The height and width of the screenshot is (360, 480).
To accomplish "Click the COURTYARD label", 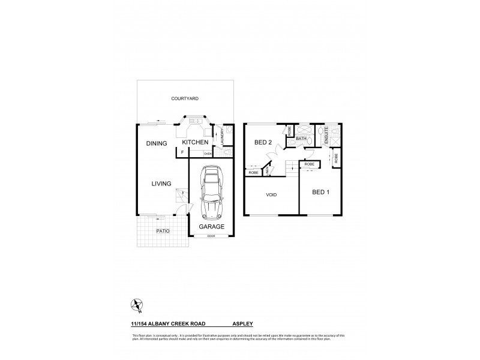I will pyautogui.click(x=184, y=98).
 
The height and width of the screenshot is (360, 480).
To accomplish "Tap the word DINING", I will pyautogui.click(x=156, y=144).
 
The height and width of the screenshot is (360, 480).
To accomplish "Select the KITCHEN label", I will pyautogui.click(x=195, y=142).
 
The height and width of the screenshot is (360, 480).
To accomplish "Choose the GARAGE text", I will pyautogui.click(x=212, y=227).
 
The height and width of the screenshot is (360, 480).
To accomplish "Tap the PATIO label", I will pyautogui.click(x=163, y=230).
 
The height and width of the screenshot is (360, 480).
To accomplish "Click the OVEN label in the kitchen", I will pyautogui.click(x=208, y=154).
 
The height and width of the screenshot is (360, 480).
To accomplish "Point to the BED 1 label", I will pyautogui.click(x=321, y=193).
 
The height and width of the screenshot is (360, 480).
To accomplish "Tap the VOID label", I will pyautogui.click(x=271, y=195).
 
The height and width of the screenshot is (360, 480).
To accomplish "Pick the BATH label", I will pyautogui.click(x=301, y=139).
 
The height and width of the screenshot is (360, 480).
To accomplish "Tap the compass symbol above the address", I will pyautogui.click(x=138, y=305).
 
